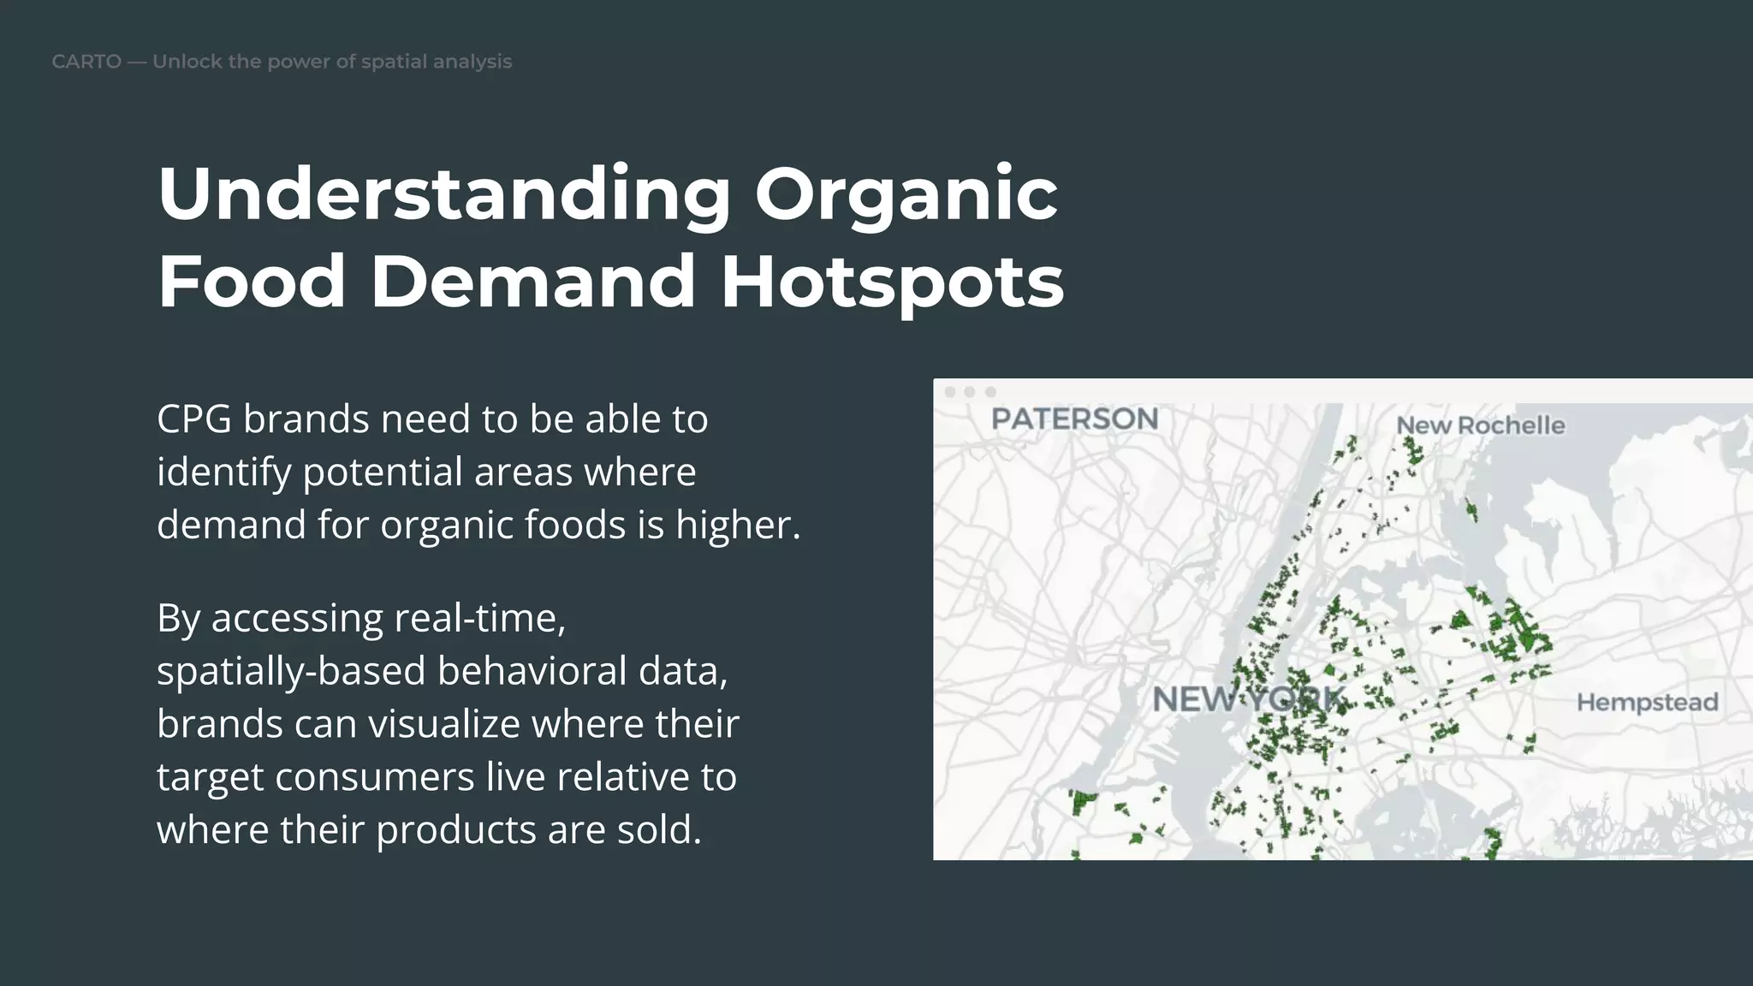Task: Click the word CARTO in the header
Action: tap(86, 62)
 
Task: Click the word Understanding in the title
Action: tap(444, 195)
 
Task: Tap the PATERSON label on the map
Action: tap(1074, 419)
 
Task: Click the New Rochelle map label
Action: tap(1480, 425)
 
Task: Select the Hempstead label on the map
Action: tap(1647, 703)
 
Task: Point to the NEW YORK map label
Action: tap(1248, 699)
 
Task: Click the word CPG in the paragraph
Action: tap(193, 419)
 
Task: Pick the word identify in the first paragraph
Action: tap(223, 472)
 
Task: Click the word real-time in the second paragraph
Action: tap(476, 618)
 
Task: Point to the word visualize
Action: tap(444, 724)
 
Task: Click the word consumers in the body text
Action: tap(374, 777)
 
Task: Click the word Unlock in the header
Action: tap(186, 62)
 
